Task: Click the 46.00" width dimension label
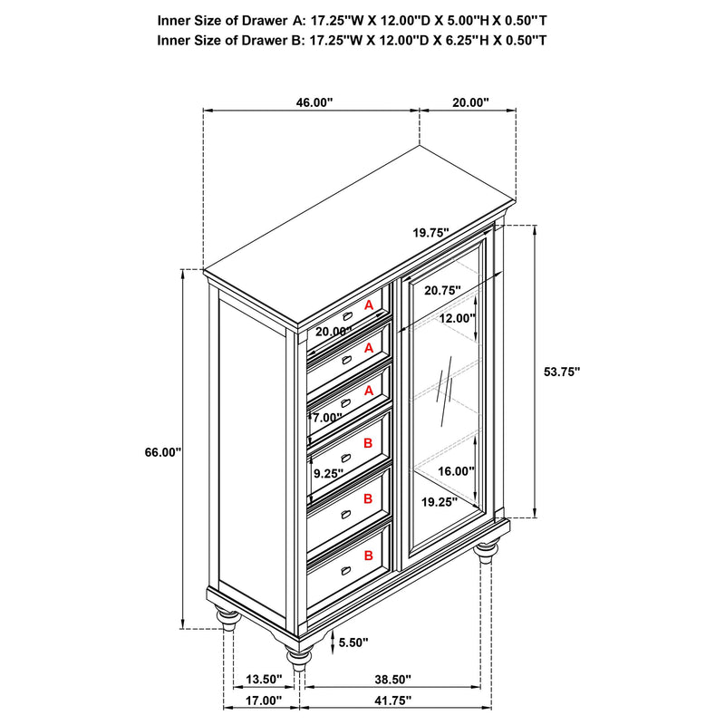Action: [314, 103]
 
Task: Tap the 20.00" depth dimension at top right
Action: [470, 103]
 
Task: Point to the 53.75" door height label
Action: [561, 372]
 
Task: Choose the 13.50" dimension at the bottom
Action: [265, 679]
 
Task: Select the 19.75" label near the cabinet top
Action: [431, 233]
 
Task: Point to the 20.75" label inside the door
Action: [441, 290]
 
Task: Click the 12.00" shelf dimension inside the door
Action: [458, 318]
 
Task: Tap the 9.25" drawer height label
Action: [328, 473]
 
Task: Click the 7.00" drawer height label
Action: [327, 418]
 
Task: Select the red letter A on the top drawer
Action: [369, 306]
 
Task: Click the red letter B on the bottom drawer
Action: [368, 556]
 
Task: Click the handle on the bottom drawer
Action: [346, 570]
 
